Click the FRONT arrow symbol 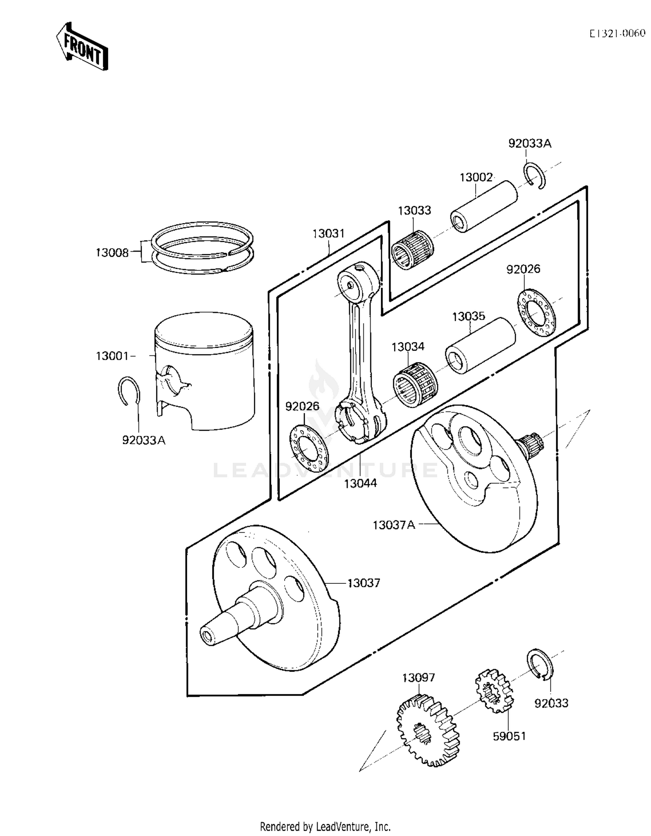click(x=82, y=46)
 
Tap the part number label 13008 click(x=112, y=253)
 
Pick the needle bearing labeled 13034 click(x=415, y=384)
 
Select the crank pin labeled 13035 click(x=480, y=345)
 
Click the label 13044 click(x=360, y=483)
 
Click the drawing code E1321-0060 click(x=617, y=33)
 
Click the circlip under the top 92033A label click(x=535, y=175)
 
